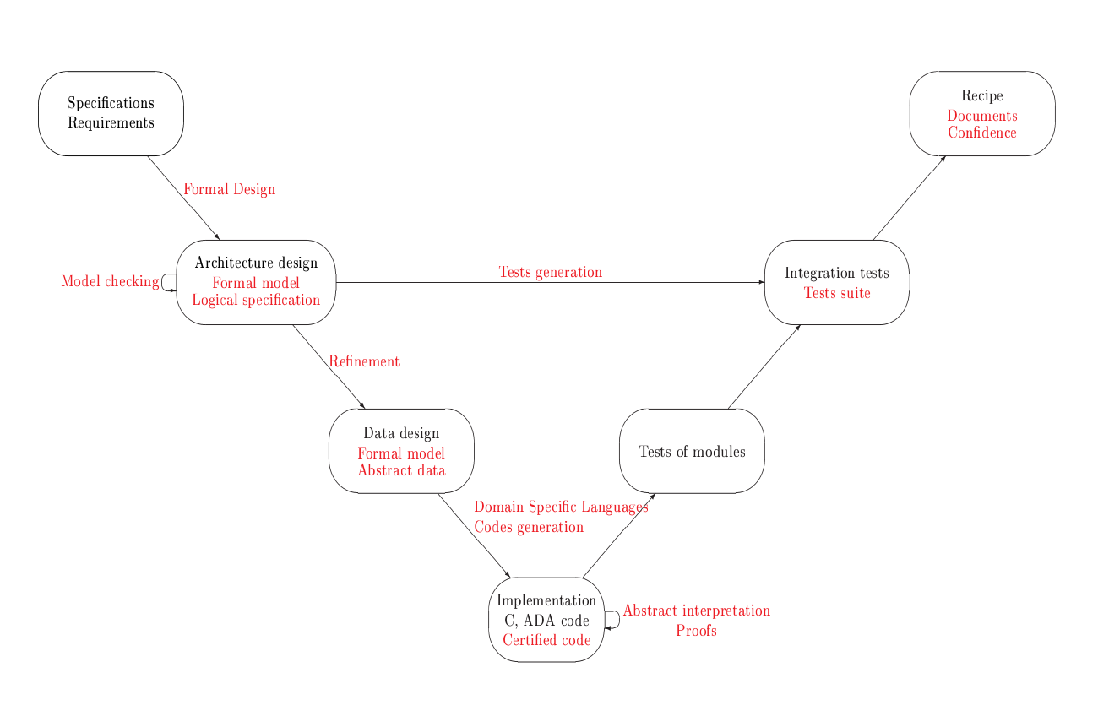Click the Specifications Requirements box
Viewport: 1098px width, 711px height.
pyautogui.click(x=111, y=113)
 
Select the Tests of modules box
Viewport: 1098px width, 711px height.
pyautogui.click(x=692, y=451)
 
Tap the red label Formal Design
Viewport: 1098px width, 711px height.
pyautogui.click(x=229, y=189)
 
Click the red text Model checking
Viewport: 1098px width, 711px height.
pyautogui.click(x=110, y=281)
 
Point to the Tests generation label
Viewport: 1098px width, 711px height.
pyautogui.click(x=550, y=272)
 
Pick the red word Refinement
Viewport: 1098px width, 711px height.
pyautogui.click(x=363, y=361)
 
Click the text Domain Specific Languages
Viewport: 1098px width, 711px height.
pyautogui.click(x=561, y=507)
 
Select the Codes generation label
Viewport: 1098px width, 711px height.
pyautogui.click(x=529, y=527)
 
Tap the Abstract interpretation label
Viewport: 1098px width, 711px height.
pyautogui.click(x=696, y=611)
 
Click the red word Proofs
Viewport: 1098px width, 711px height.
pyautogui.click(x=696, y=631)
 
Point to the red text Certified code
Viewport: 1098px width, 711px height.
pyautogui.click(x=546, y=640)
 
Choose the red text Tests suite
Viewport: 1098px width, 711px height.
pyautogui.click(x=836, y=293)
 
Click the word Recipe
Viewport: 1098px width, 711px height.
pyautogui.click(x=981, y=96)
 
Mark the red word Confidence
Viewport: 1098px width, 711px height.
pyautogui.click(x=981, y=133)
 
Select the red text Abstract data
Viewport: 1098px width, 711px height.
pyautogui.click(x=401, y=470)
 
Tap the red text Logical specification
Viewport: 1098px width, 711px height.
pyautogui.click(x=256, y=300)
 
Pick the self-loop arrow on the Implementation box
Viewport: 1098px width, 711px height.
pyautogui.click(x=615, y=620)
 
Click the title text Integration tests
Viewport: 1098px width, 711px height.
pyautogui.click(x=836, y=273)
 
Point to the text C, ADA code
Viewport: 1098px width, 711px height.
pyautogui.click(x=546, y=621)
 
